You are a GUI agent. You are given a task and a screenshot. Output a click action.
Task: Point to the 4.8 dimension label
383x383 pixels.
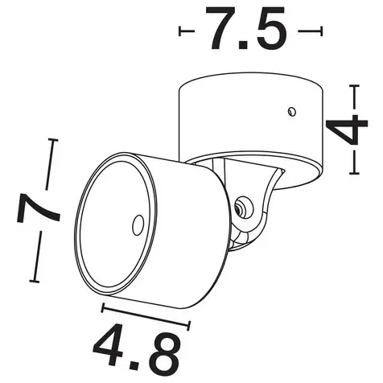[x=138, y=346]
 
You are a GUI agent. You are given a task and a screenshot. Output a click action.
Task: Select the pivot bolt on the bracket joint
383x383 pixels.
[x=239, y=208]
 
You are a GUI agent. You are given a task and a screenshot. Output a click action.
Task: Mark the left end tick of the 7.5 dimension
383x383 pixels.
[x=181, y=32]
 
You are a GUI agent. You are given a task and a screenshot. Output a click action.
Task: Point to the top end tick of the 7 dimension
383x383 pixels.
[x=54, y=140]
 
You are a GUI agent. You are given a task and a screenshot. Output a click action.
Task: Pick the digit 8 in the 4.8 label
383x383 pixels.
[x=165, y=347]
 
